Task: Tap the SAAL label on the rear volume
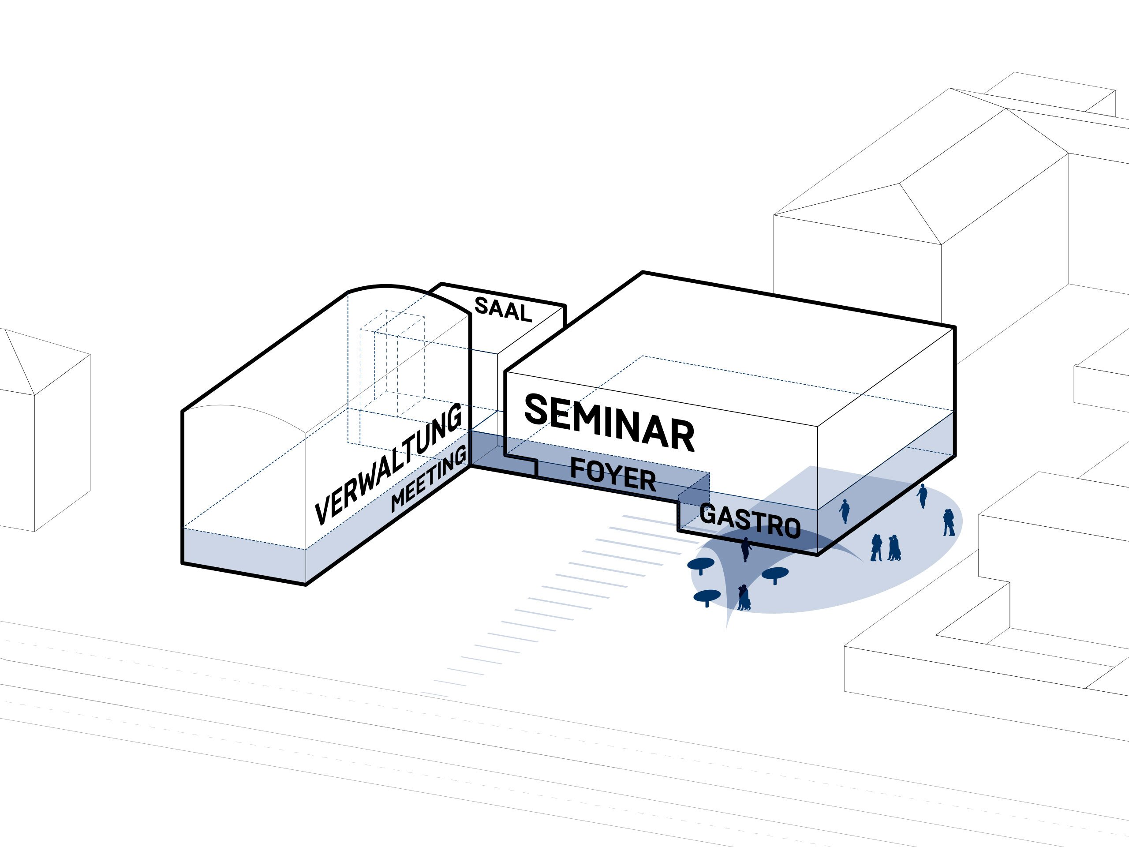tap(503, 309)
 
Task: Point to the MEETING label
tap(429, 478)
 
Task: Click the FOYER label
tap(613, 474)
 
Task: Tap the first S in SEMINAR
tap(536, 409)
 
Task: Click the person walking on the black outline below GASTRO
tap(746, 549)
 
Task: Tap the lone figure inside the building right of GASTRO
tap(845, 510)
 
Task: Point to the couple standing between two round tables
tap(744, 598)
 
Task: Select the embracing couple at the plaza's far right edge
tap(948, 522)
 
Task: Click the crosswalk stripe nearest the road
tap(434, 693)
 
